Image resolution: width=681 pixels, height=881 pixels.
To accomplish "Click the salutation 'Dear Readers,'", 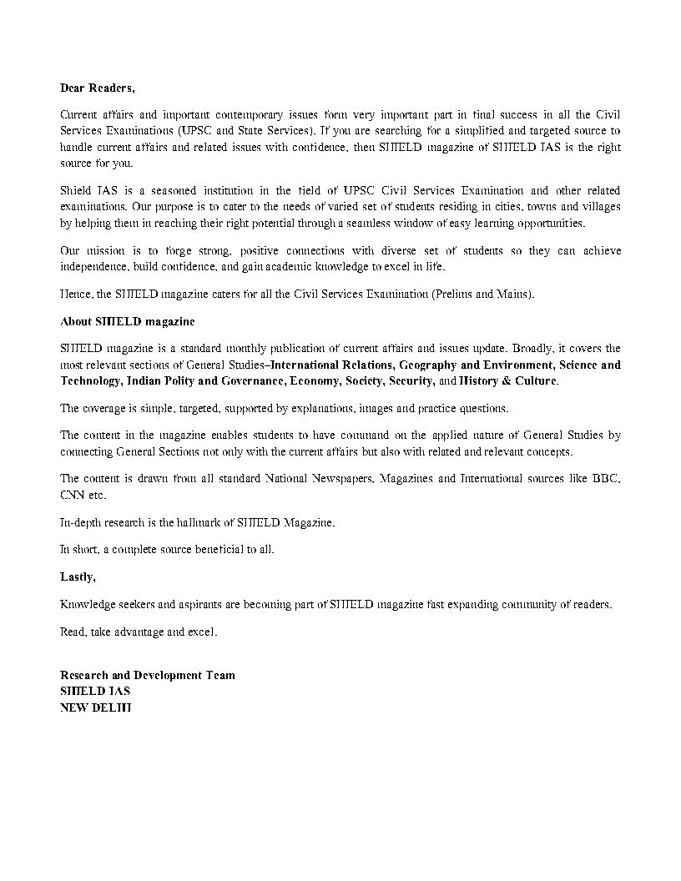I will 97,88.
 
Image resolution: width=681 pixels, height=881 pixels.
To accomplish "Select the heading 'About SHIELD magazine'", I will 127,321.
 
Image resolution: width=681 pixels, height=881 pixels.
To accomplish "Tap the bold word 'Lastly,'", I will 78,576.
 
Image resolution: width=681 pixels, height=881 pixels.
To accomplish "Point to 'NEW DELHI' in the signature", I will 95,707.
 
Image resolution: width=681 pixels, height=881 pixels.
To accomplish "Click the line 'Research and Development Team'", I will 147,675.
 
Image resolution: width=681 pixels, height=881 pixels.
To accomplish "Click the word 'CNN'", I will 73,495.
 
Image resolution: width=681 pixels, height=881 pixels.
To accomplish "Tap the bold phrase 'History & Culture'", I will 508,381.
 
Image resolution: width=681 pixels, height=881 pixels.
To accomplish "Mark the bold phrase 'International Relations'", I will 330,365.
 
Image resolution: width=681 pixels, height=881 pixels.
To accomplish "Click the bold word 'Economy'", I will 314,381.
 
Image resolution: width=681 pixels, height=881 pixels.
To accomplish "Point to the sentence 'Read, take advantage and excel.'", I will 139,632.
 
